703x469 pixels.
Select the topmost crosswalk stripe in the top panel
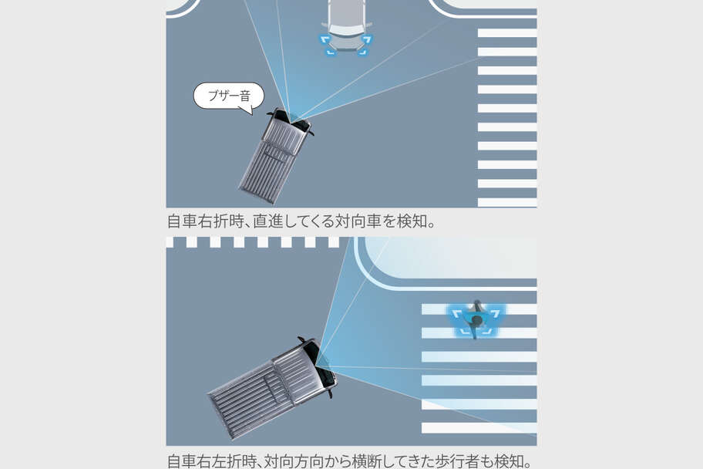506,33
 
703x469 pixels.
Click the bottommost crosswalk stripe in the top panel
506,202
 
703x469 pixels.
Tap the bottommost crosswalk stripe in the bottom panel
479,427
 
